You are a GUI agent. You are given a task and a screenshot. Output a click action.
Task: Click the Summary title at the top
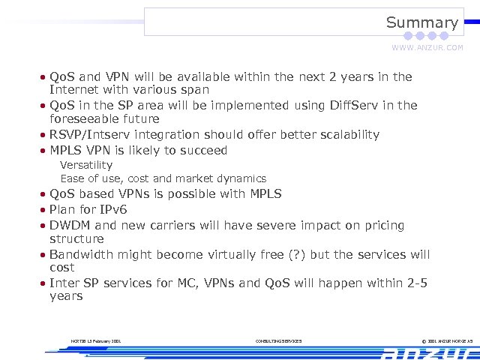click(x=421, y=22)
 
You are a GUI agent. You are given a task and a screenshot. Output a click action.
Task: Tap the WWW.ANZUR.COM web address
click(x=427, y=47)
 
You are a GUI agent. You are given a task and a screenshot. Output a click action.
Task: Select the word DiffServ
click(x=355, y=105)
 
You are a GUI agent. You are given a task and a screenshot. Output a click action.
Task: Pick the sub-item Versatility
click(x=86, y=164)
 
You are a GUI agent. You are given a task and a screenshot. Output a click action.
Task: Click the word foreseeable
click(x=83, y=118)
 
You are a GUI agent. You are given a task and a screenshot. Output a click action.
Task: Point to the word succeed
click(x=202, y=150)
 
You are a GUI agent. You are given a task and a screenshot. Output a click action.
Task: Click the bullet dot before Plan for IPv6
click(x=43, y=210)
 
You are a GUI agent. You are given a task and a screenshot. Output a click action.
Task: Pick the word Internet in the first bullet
click(x=73, y=90)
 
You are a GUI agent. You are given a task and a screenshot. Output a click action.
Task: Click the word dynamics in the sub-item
click(x=241, y=178)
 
